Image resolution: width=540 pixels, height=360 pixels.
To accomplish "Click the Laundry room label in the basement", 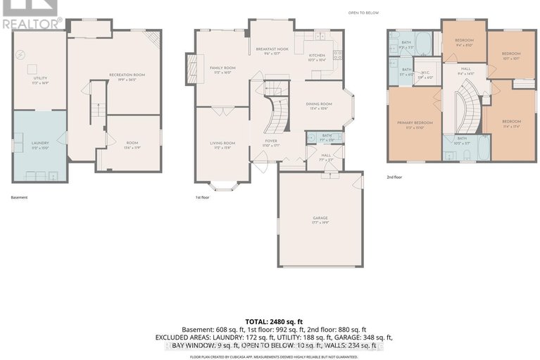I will pos(40,143).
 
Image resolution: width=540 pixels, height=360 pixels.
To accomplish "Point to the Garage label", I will pos(320,219).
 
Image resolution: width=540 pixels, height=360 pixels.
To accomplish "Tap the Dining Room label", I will pos(318,104).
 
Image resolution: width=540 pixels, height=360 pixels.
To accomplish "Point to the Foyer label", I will pos(270,141).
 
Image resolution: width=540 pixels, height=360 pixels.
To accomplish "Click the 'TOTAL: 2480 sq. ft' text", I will pos(270,321).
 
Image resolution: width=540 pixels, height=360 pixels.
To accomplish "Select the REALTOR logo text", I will pos(32,23).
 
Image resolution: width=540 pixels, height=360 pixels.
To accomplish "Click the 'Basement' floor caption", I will pos(19,197).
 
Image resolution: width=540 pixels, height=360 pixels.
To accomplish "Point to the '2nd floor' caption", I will pos(395,178).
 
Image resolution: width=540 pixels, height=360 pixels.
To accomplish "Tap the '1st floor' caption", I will pos(202,197).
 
